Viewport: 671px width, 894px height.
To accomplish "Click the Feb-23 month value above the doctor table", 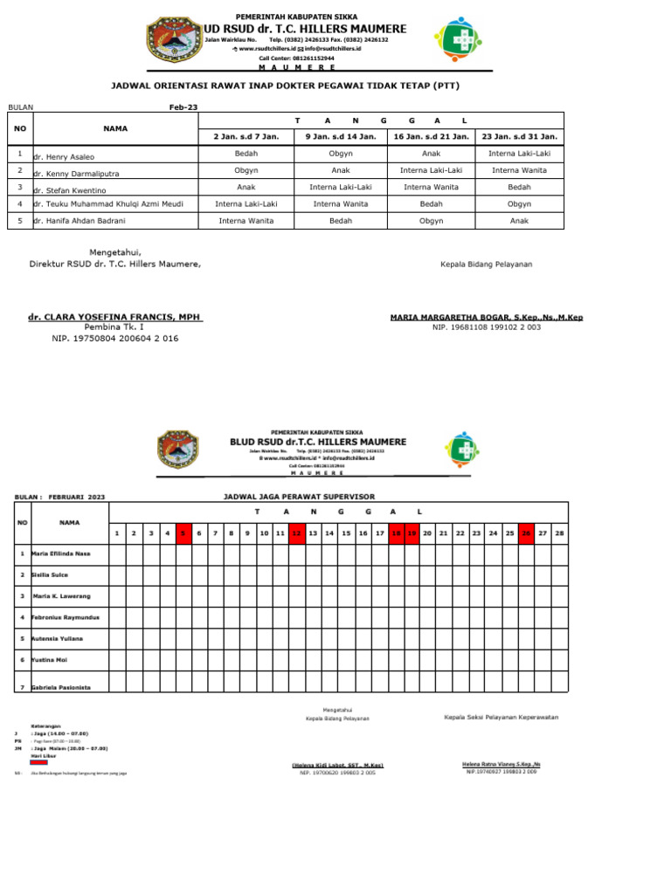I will click(183, 107).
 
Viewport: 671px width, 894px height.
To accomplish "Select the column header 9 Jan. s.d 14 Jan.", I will click(341, 136).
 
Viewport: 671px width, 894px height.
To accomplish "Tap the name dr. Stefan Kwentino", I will click(69, 189).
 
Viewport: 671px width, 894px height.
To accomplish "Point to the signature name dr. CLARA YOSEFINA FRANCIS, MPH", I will click(115, 316).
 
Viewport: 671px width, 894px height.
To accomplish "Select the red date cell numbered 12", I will click(296, 533).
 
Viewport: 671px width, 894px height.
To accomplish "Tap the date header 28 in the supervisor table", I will click(559, 533).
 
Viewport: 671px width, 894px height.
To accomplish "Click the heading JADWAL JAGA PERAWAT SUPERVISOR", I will click(300, 497).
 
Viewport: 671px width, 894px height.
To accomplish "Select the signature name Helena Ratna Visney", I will click(501, 764).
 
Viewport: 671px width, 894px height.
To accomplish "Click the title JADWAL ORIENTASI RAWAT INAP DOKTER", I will click(284, 86).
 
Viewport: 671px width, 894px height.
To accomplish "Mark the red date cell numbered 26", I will click(526, 533).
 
